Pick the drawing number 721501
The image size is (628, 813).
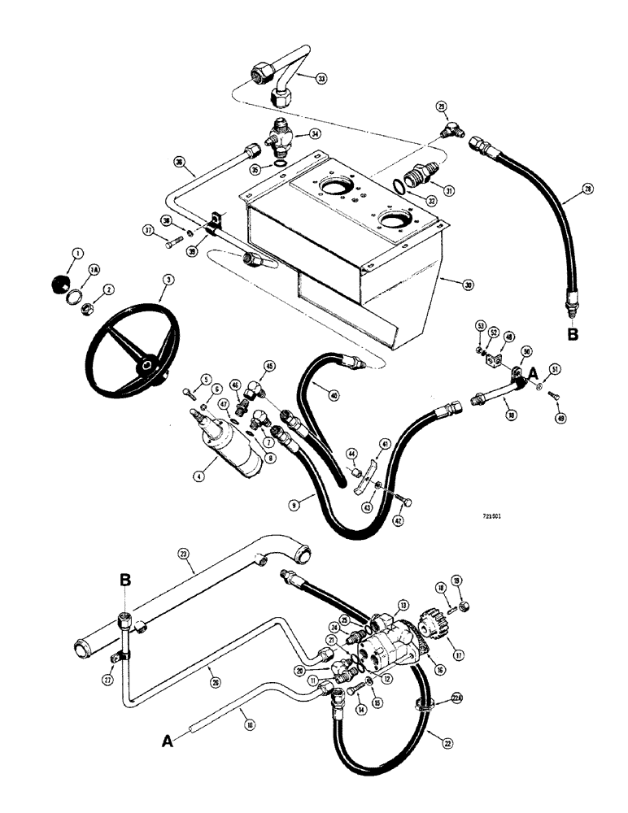[491, 515]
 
